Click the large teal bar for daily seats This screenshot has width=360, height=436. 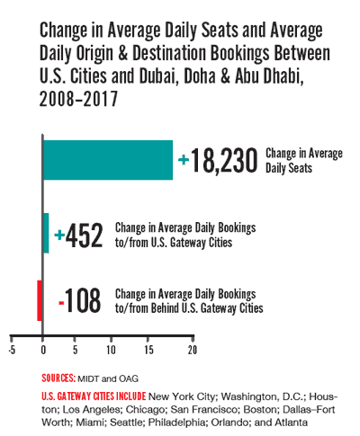(108, 160)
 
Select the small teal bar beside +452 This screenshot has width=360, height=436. (46, 233)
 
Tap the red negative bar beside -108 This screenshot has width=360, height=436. (40, 300)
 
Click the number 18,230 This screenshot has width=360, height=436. (224, 161)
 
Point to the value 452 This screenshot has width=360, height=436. (85, 236)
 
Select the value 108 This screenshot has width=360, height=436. (83, 300)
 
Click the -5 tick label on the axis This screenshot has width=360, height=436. (12, 350)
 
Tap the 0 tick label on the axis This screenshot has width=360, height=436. (43, 350)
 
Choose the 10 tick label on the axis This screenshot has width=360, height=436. (111, 350)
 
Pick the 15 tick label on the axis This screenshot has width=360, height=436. (148, 350)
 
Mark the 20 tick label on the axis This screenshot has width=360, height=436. (193, 350)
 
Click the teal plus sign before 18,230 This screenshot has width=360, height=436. (184, 160)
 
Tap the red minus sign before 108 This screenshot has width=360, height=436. (61, 303)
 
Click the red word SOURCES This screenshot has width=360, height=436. (58, 378)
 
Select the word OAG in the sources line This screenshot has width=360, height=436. (129, 378)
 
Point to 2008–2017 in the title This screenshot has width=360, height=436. (78, 99)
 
